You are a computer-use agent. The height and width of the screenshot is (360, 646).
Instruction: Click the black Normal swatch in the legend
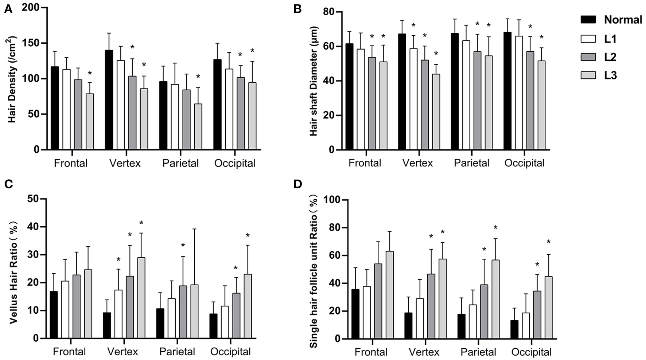(588, 20)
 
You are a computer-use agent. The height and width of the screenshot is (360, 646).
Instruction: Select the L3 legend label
(610, 75)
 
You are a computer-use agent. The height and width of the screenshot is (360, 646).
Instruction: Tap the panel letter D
(297, 184)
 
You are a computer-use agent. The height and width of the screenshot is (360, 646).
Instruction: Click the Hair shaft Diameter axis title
(313, 81)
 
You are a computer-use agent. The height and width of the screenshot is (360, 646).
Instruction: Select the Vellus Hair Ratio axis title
(13, 269)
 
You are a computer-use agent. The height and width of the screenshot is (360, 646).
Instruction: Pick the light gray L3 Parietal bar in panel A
(198, 126)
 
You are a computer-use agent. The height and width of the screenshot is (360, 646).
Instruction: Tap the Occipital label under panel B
(524, 163)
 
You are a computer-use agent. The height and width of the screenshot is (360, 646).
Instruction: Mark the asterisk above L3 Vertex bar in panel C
(141, 223)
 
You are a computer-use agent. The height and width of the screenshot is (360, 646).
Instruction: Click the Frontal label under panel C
(69, 352)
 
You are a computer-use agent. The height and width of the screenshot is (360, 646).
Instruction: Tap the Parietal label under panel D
(478, 352)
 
